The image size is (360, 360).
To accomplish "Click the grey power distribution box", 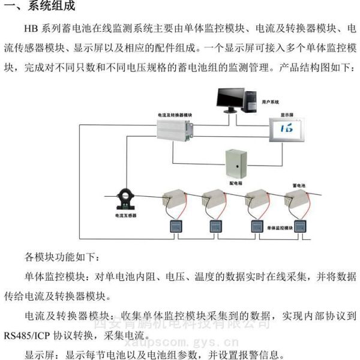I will tap(234, 161).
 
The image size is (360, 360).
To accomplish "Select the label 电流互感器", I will tap(126, 215).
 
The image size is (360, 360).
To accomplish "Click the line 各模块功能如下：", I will tap(59, 257).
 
